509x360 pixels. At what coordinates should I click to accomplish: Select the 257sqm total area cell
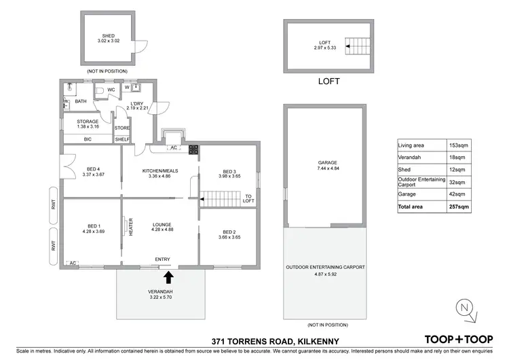[459, 206]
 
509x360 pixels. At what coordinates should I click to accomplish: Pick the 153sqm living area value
[459, 145]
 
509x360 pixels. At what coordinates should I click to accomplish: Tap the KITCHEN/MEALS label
[159, 170]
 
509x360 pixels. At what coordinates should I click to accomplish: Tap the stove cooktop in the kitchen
[193, 149]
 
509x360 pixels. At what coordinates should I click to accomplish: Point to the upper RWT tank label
[54, 209]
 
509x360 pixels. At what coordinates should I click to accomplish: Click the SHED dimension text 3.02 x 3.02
[109, 41]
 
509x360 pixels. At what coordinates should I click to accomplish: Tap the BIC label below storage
[88, 139]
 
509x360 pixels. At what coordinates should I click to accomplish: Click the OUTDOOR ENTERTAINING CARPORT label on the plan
[324, 268]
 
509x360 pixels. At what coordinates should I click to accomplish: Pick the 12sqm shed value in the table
[459, 168]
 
